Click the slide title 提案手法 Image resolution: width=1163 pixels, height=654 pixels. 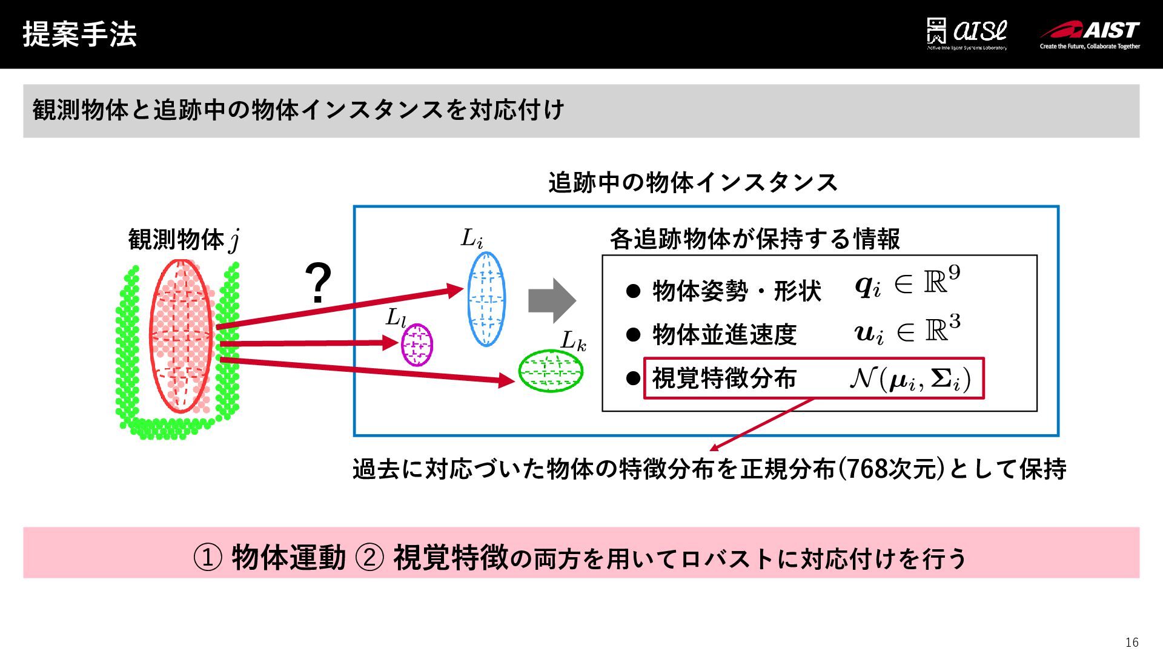pyautogui.click(x=79, y=34)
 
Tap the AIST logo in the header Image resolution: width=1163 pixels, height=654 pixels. pyautogui.click(x=1090, y=35)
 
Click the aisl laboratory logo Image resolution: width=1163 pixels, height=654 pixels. pyautogui.click(x=967, y=34)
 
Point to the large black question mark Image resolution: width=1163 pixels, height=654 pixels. pyautogui.click(x=318, y=283)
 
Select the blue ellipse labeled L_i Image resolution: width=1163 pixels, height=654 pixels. pyautogui.click(x=486, y=299)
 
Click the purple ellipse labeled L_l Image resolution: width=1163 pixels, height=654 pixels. pyautogui.click(x=417, y=345)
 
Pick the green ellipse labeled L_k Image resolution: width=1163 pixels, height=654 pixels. pyautogui.click(x=550, y=371)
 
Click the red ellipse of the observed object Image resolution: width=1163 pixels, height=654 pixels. pyautogui.click(x=181, y=337)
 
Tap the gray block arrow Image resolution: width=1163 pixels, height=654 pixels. pyautogui.click(x=551, y=300)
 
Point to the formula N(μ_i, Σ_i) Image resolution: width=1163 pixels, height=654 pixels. pyautogui.click(x=910, y=379)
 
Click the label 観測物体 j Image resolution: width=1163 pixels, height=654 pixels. pyautogui.click(x=184, y=240)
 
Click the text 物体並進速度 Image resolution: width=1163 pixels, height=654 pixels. pyautogui.click(x=724, y=334)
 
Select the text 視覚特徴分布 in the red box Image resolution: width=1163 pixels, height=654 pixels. pyautogui.click(x=724, y=379)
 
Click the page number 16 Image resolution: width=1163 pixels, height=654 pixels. pyautogui.click(x=1132, y=642)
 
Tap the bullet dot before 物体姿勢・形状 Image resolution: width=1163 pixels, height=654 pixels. pyautogui.click(x=633, y=291)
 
